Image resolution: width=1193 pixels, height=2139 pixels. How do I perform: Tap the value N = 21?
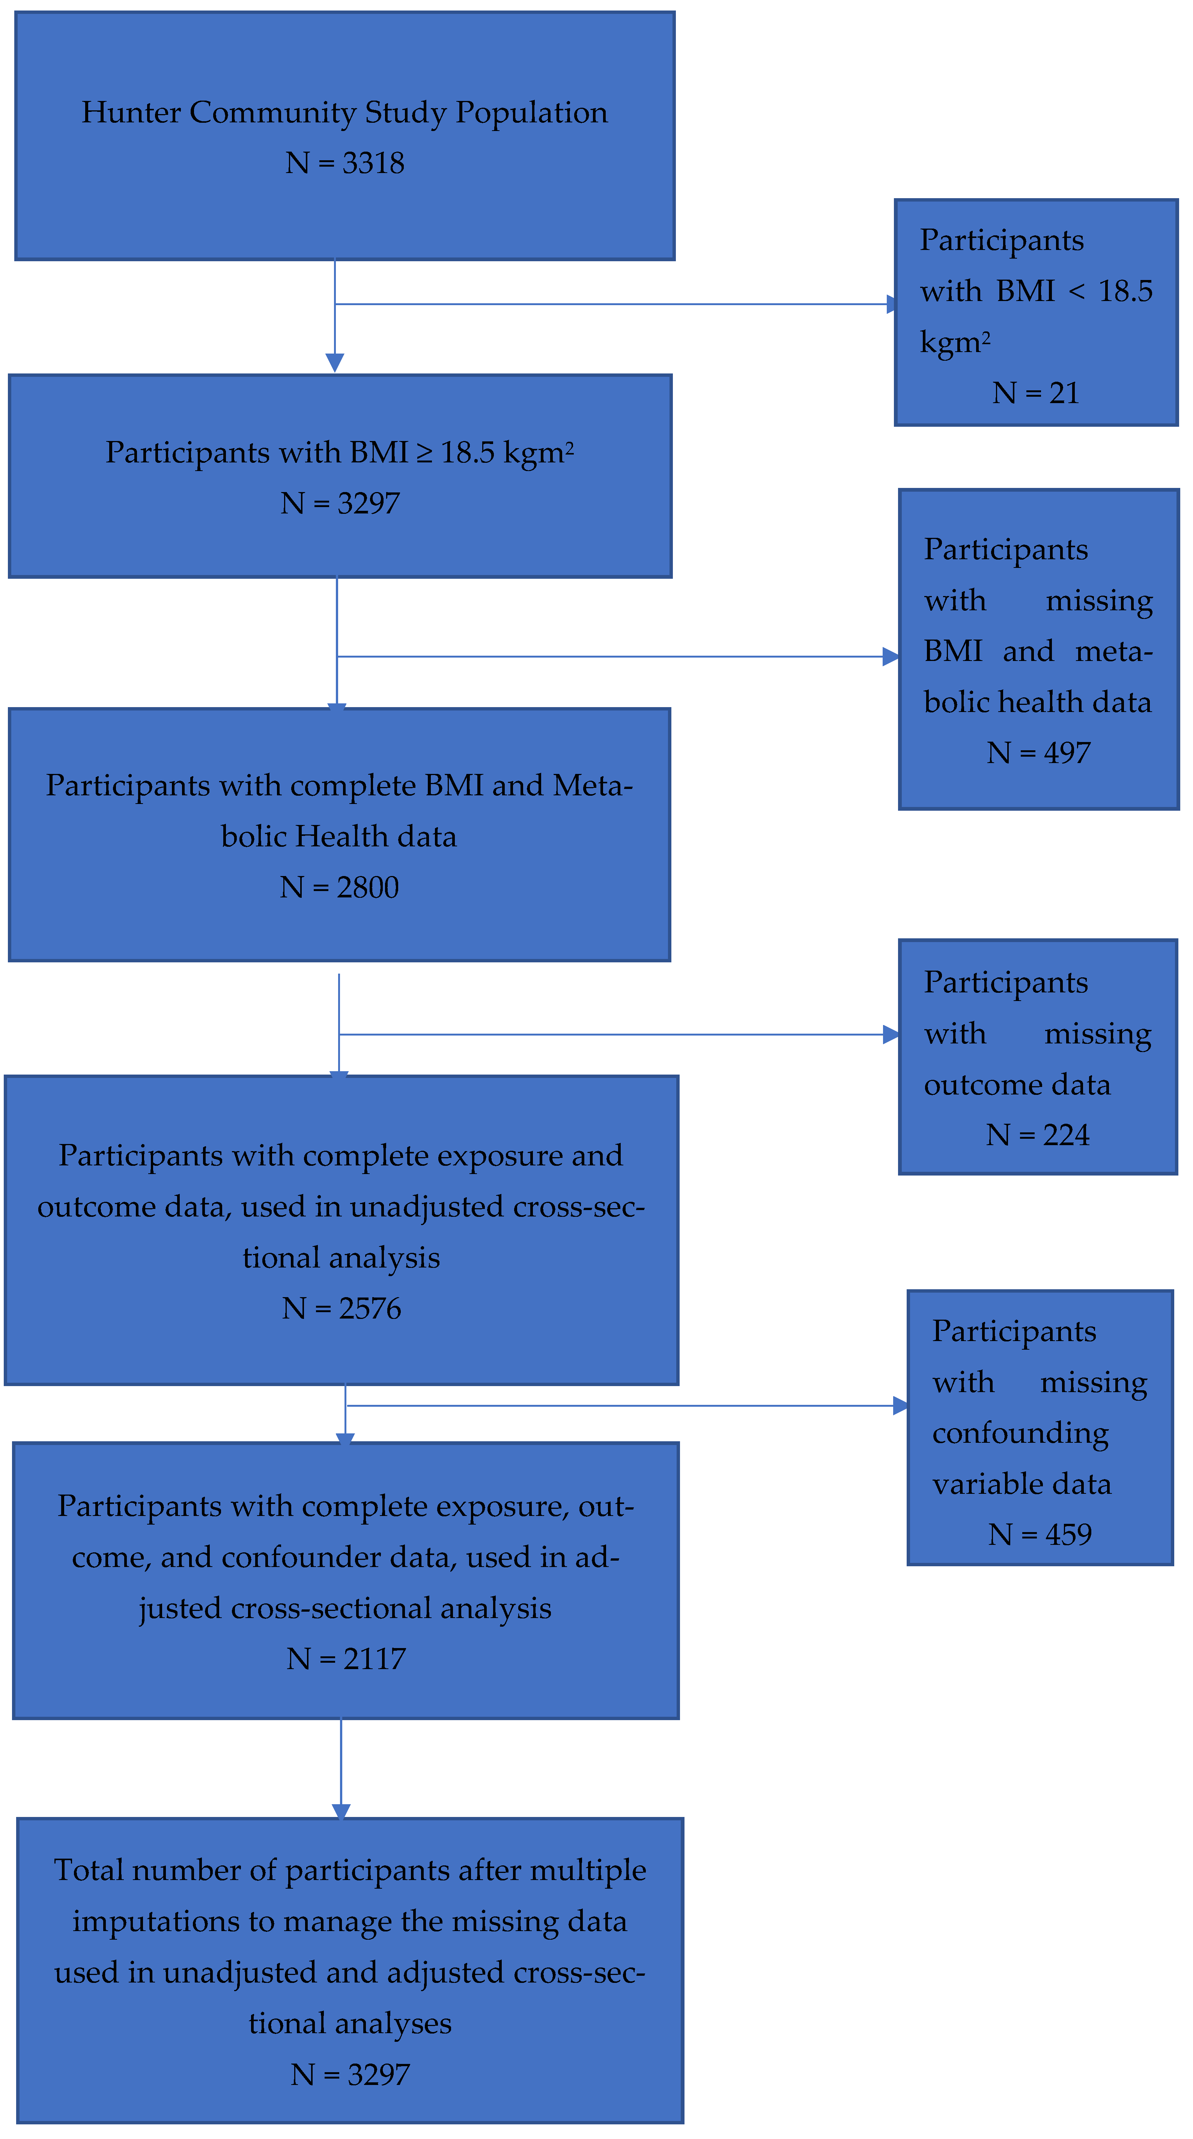coord(1035,393)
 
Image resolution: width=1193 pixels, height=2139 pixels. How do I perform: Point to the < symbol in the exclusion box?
coord(1077,292)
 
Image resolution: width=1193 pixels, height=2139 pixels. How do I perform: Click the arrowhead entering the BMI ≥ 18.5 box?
coord(335,363)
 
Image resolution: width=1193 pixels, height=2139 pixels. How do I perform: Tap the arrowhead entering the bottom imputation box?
coord(341,1812)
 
